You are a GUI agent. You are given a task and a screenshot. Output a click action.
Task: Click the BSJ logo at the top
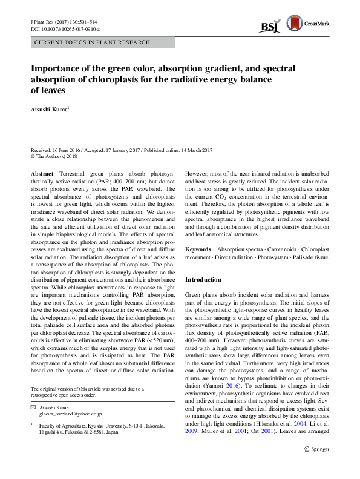(269, 26)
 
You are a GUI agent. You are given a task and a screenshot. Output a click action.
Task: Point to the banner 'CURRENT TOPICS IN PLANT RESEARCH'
(83, 43)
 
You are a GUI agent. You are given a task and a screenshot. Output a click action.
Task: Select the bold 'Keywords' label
(197, 249)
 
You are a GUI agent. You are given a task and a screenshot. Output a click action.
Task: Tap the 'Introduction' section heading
(203, 279)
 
